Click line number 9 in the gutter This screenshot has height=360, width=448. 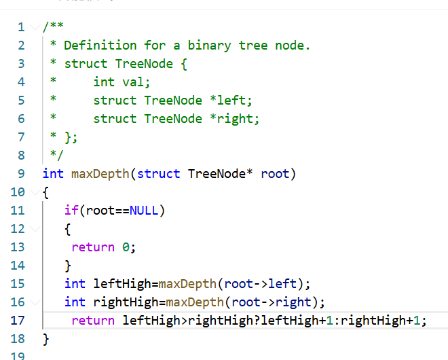click(21, 173)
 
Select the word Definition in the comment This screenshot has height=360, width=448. click(100, 46)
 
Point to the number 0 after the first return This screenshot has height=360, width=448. click(126, 247)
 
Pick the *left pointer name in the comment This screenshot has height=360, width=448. click(228, 101)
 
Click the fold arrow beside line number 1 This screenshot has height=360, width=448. click(33, 27)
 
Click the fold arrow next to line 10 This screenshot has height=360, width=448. click(33, 192)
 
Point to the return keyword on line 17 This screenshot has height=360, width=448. click(93, 321)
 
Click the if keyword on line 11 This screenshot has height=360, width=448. click(71, 211)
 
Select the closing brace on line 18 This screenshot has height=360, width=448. click(46, 339)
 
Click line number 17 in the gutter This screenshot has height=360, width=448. click(18, 321)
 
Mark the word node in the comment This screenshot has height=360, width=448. click(294, 46)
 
